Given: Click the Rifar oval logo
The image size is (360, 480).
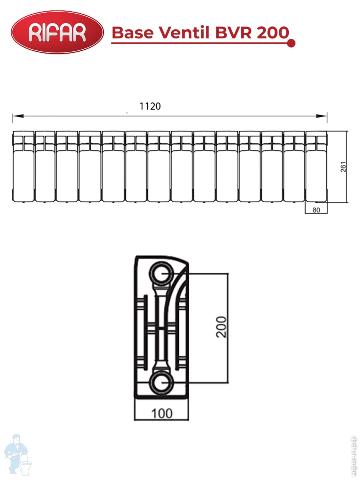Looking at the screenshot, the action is click(x=57, y=32).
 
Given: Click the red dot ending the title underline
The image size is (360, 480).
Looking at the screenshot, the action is click(x=291, y=43).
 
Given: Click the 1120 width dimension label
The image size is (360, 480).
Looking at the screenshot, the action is click(x=150, y=106).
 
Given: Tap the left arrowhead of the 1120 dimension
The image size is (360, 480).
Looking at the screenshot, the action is click(x=18, y=116).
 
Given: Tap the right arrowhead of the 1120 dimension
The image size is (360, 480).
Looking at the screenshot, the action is click(x=322, y=116).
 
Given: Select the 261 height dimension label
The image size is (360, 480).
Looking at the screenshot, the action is click(x=343, y=167).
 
